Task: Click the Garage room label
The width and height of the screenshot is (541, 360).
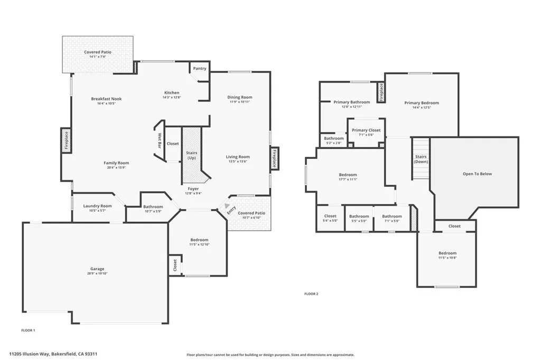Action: pos(97,269)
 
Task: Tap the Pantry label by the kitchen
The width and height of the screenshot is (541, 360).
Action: pos(200,69)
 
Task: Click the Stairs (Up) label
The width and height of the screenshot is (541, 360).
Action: pos(191,156)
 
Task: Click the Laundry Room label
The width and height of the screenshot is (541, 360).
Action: pos(98,206)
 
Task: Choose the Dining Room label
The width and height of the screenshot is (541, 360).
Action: pos(240,97)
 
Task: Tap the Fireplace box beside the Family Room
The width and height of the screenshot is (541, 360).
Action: pos(67,141)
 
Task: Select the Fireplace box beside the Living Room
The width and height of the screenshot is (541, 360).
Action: pos(274,158)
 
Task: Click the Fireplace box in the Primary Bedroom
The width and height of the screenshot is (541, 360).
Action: pos(380,92)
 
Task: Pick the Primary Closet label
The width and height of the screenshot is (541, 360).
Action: pos(366,130)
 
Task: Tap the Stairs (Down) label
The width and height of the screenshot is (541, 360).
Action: pos(421,159)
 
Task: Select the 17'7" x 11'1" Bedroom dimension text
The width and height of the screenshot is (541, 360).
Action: pos(348,179)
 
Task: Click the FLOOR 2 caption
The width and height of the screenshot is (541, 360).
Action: pos(311,293)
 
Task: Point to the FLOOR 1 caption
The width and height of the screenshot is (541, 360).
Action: pos(28,330)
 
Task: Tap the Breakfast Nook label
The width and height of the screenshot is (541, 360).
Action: pos(106,99)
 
